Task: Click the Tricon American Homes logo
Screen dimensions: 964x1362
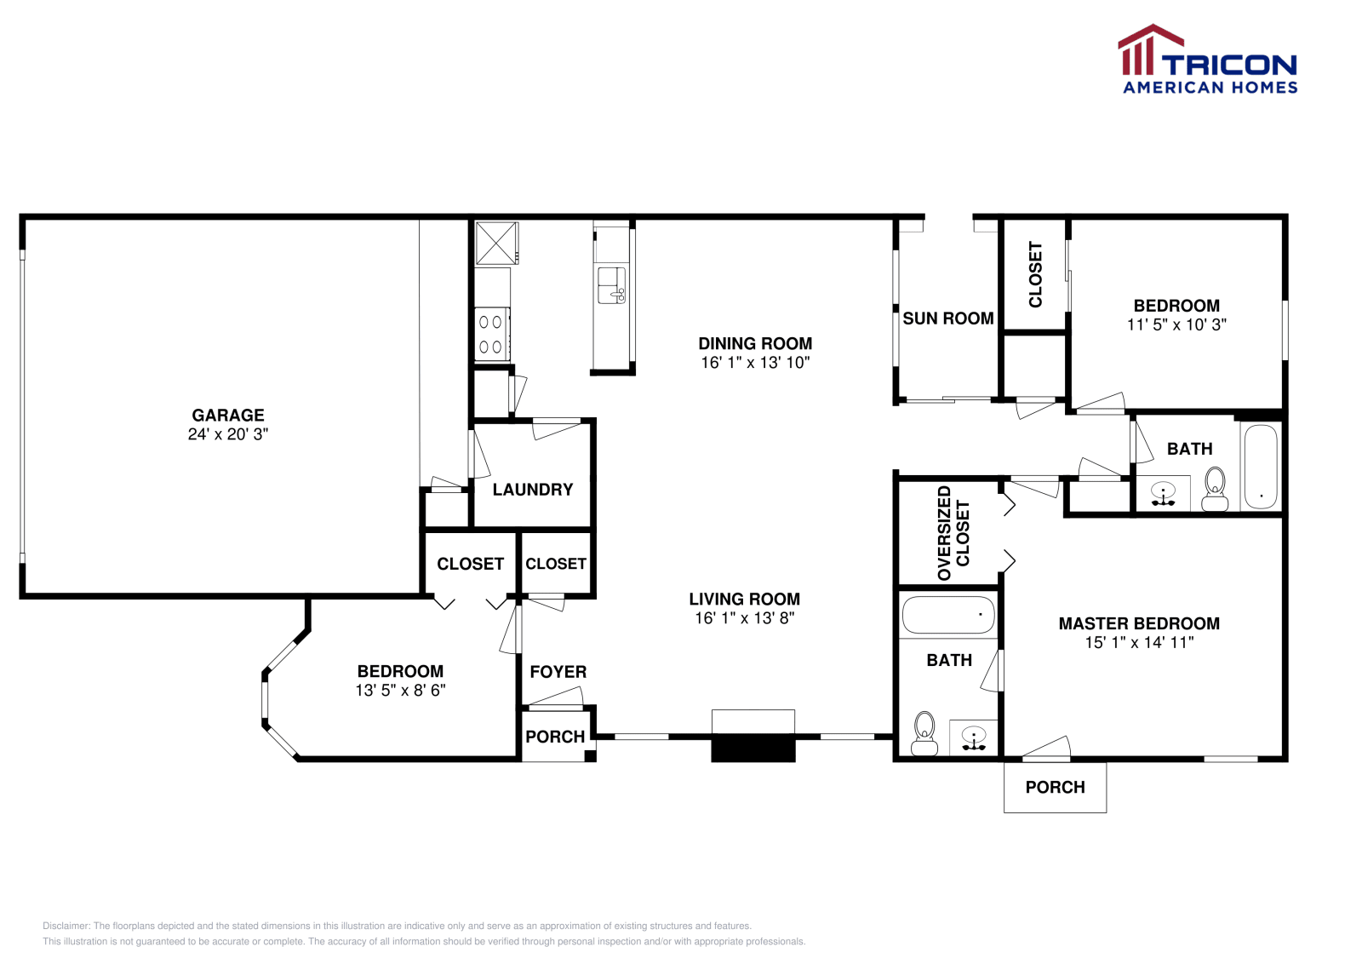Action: (1207, 60)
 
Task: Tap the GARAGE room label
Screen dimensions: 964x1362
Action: (228, 416)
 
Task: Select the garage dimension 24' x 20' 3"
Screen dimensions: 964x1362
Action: (228, 434)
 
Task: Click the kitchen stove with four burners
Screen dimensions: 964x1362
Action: (491, 334)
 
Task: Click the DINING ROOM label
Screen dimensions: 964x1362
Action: (755, 344)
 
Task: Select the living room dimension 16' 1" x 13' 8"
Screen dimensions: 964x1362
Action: (744, 618)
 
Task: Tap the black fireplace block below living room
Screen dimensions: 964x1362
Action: (753, 748)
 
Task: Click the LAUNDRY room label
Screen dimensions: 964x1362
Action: (533, 490)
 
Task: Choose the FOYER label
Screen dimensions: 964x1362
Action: (558, 672)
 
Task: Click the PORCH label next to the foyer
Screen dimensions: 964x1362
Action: (555, 737)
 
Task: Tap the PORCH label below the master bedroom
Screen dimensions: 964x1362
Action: (1055, 788)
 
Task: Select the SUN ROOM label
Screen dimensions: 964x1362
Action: (947, 318)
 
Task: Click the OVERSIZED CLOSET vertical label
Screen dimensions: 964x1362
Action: (953, 534)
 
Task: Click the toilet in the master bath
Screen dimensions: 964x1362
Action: (924, 733)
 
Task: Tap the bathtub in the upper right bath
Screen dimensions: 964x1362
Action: (1260, 466)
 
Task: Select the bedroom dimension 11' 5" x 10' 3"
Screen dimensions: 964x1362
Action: (1176, 324)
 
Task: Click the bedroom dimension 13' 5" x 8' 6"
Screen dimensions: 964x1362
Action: (400, 691)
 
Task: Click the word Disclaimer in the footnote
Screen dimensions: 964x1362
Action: (66, 926)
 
